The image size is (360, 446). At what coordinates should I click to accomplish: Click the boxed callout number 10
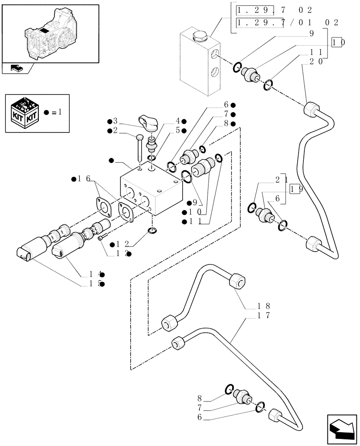338,42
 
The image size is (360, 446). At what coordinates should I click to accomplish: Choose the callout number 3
115,121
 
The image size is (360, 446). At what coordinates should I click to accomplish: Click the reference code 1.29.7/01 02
287,22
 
